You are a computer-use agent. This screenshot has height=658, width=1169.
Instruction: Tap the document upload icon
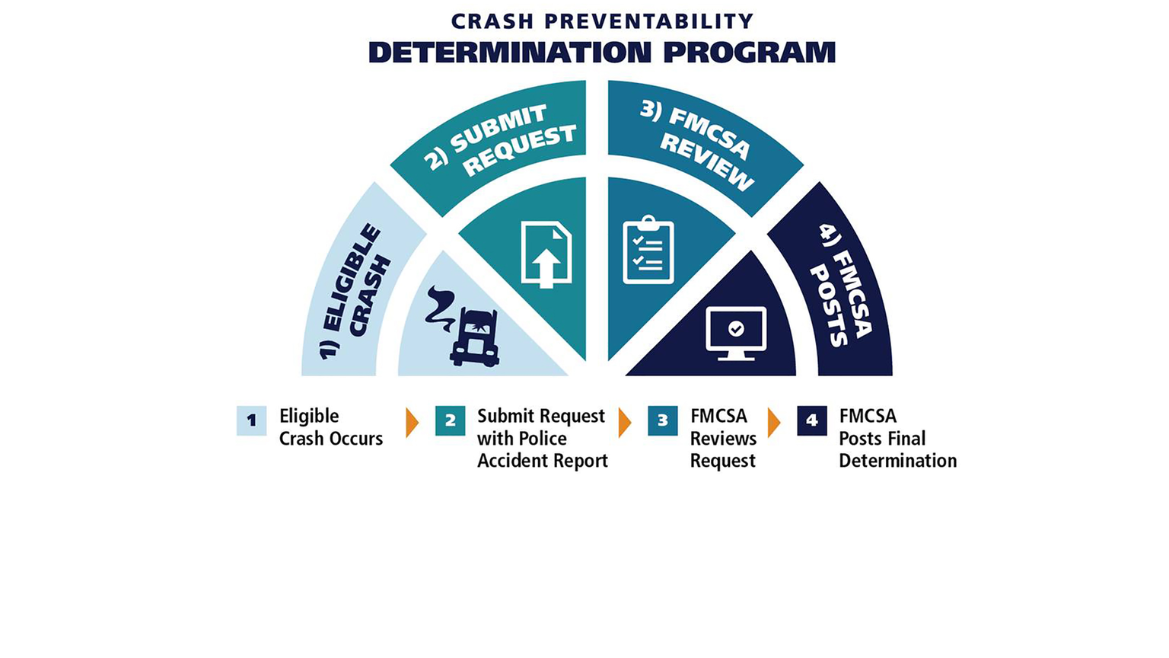click(x=546, y=254)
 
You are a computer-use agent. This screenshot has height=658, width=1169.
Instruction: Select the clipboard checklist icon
click(x=648, y=251)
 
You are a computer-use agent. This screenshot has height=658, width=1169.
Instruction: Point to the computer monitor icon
click(x=736, y=333)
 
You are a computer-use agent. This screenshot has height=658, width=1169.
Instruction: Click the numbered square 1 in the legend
click(x=251, y=420)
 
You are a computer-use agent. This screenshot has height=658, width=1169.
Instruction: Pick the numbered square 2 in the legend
click(x=450, y=420)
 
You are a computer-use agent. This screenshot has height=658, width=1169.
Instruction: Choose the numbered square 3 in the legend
click(x=662, y=420)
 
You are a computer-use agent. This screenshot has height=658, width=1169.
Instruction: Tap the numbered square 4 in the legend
click(x=811, y=420)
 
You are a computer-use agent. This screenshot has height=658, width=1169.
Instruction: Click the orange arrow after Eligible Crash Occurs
click(x=412, y=423)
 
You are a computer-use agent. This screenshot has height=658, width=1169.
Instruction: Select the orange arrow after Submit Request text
click(x=625, y=423)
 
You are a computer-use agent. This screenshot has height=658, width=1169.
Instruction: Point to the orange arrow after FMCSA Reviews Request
click(x=774, y=423)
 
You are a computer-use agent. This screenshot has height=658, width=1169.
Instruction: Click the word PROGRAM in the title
click(x=749, y=53)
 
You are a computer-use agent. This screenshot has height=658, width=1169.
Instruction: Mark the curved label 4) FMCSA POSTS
click(x=842, y=285)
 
